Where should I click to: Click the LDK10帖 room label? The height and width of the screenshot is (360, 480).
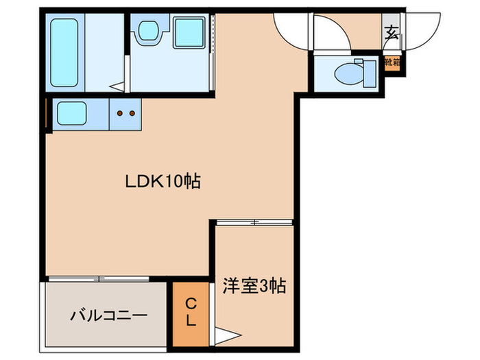[163, 182]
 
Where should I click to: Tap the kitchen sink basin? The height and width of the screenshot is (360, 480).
[71, 113]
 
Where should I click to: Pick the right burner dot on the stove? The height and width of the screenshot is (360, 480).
[130, 112]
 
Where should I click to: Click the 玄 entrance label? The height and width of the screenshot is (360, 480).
[391, 32]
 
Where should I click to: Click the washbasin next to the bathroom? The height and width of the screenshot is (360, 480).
[147, 31]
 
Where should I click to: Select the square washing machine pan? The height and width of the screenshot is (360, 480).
[189, 32]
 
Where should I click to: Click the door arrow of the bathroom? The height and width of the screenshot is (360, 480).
[119, 86]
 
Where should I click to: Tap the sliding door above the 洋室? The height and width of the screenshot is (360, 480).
[255, 221]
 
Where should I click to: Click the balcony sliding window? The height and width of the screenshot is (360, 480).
[99, 278]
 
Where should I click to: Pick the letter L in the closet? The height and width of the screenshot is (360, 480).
[192, 320]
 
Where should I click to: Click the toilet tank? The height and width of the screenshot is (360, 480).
[370, 73]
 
